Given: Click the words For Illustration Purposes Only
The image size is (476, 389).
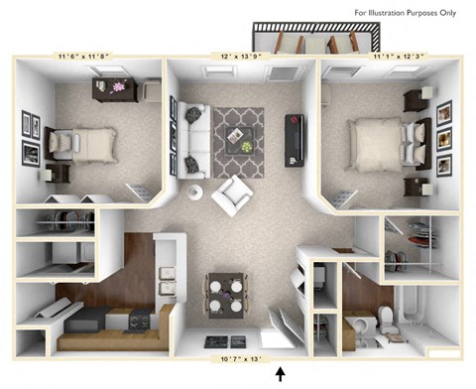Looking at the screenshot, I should pyautogui.click(x=412, y=12).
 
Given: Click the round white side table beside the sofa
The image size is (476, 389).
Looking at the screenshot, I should pyautogui.click(x=195, y=191).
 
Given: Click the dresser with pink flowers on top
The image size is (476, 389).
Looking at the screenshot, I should pyautogui.click(x=115, y=89).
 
